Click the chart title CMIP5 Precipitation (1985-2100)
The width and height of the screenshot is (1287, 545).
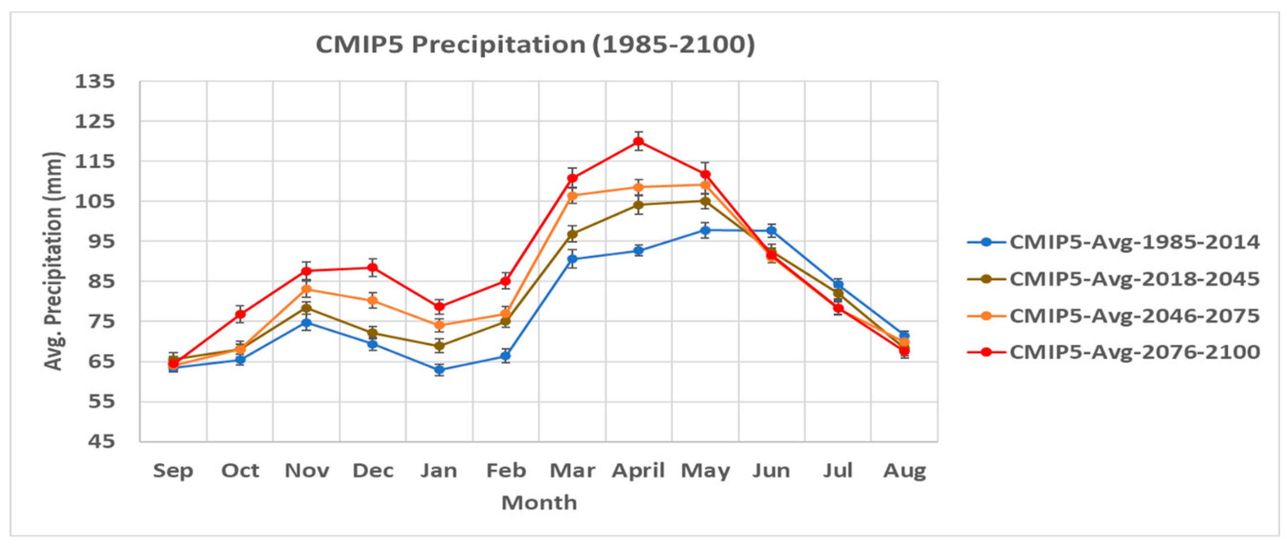[535, 45]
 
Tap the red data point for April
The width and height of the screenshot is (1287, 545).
[638, 141]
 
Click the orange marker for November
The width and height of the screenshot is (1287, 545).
[306, 289]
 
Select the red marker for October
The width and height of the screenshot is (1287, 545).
[240, 314]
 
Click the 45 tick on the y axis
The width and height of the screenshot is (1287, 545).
[102, 442]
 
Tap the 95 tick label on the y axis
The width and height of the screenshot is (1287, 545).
[102, 241]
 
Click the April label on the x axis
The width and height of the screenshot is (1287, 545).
[638, 471]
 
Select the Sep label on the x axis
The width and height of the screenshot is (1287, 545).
[173, 471]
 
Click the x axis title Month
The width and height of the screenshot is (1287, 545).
[539, 502]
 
